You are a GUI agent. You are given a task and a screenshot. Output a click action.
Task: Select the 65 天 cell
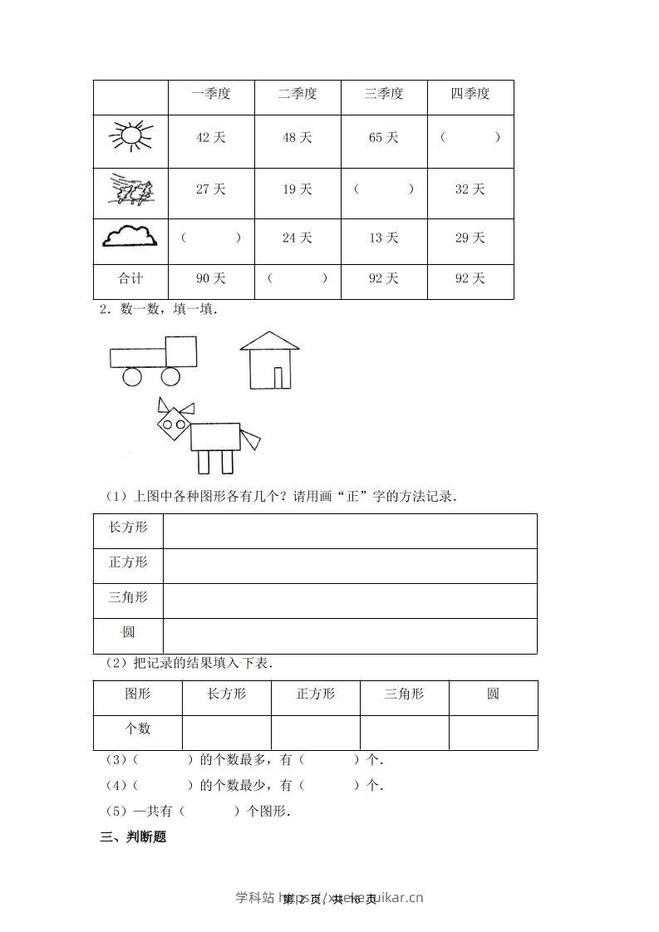tap(383, 138)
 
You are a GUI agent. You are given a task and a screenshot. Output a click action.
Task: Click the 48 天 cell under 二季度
tap(297, 138)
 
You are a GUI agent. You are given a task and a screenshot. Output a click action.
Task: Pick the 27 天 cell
tap(210, 189)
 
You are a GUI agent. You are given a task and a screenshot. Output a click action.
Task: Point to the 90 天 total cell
tap(210, 278)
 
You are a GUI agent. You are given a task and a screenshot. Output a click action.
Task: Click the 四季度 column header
tap(470, 94)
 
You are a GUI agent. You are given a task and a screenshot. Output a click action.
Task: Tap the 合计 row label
tap(130, 278)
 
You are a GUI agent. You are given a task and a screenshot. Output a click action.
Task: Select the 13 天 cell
tap(383, 238)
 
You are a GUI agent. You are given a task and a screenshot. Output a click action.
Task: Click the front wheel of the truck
tap(170, 376)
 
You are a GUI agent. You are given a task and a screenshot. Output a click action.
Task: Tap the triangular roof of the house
tap(269, 340)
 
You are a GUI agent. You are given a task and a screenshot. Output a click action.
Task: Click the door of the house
tap(283, 376)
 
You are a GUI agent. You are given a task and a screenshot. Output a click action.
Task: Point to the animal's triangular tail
tap(250, 437)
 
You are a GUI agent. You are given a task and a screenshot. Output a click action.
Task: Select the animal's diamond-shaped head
tap(175, 425)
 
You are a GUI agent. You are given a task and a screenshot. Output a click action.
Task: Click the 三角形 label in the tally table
tap(128, 597)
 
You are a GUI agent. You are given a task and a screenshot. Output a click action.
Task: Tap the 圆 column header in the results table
tap(493, 694)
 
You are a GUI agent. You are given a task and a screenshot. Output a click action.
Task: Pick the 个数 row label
tap(137, 728)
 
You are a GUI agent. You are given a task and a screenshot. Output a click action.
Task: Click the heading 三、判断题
tap(133, 837)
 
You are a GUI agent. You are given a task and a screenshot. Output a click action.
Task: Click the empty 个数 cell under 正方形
tap(315, 731)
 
